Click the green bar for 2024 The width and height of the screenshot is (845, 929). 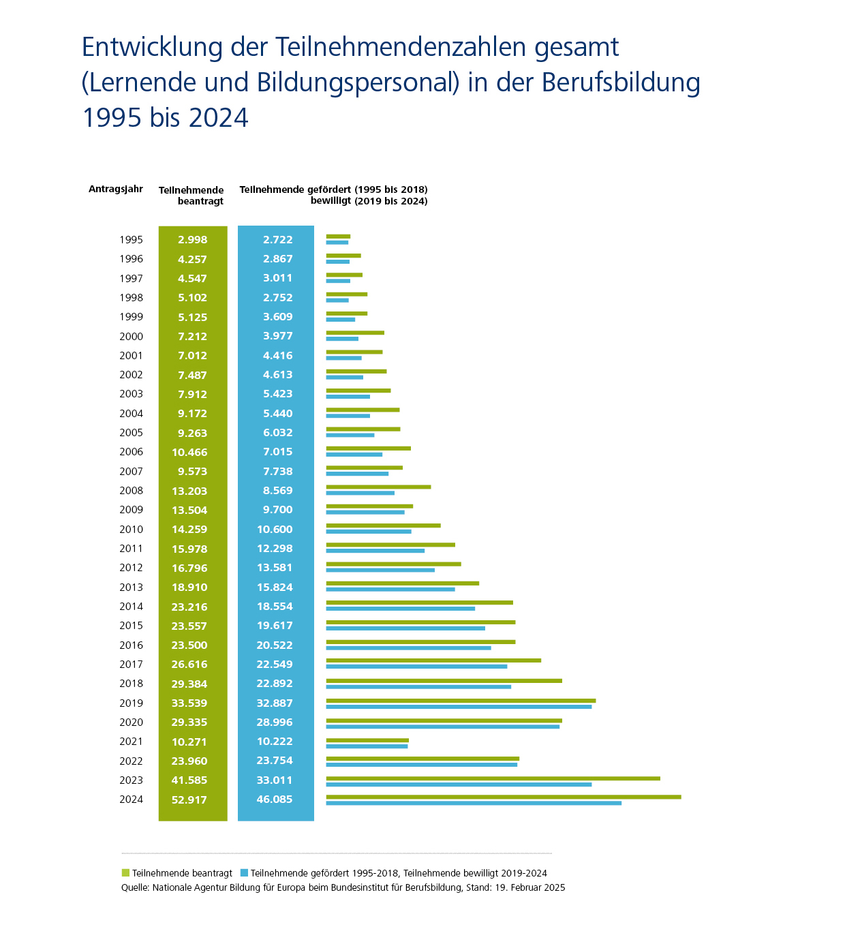click(503, 797)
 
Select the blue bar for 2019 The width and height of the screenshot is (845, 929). click(459, 707)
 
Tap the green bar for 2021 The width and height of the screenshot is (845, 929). click(367, 740)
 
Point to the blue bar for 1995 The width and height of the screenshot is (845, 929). click(337, 243)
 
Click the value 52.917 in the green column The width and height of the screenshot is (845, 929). click(189, 799)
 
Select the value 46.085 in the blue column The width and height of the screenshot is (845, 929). click(275, 799)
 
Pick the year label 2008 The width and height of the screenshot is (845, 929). click(131, 491)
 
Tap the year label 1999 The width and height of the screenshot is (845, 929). click(131, 317)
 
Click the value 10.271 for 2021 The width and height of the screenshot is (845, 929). click(189, 742)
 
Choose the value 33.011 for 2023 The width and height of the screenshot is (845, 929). click(275, 780)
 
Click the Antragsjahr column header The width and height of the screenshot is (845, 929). click(116, 189)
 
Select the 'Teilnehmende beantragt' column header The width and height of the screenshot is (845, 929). click(191, 196)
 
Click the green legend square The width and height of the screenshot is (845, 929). click(125, 873)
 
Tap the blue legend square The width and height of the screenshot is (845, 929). click(244, 873)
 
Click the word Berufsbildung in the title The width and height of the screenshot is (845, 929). click(621, 82)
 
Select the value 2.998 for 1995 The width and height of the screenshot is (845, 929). click(192, 240)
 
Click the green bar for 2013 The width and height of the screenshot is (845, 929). click(402, 583)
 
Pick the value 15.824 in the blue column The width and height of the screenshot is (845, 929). click(275, 588)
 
